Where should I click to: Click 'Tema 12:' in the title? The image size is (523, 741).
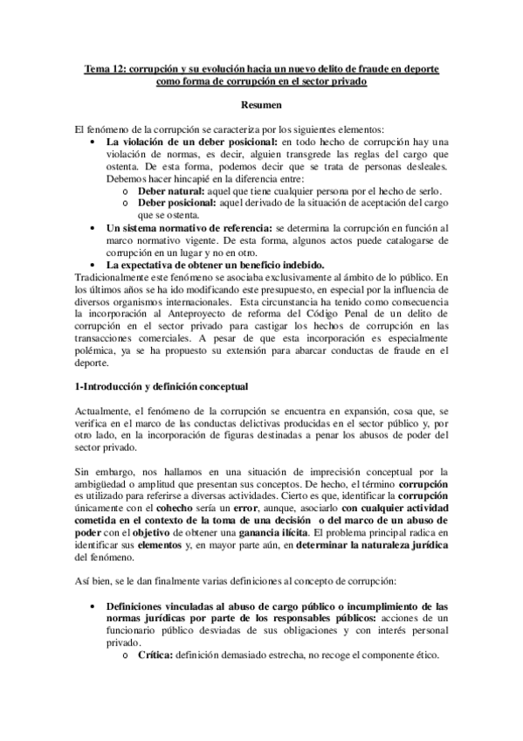pos(102,67)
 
